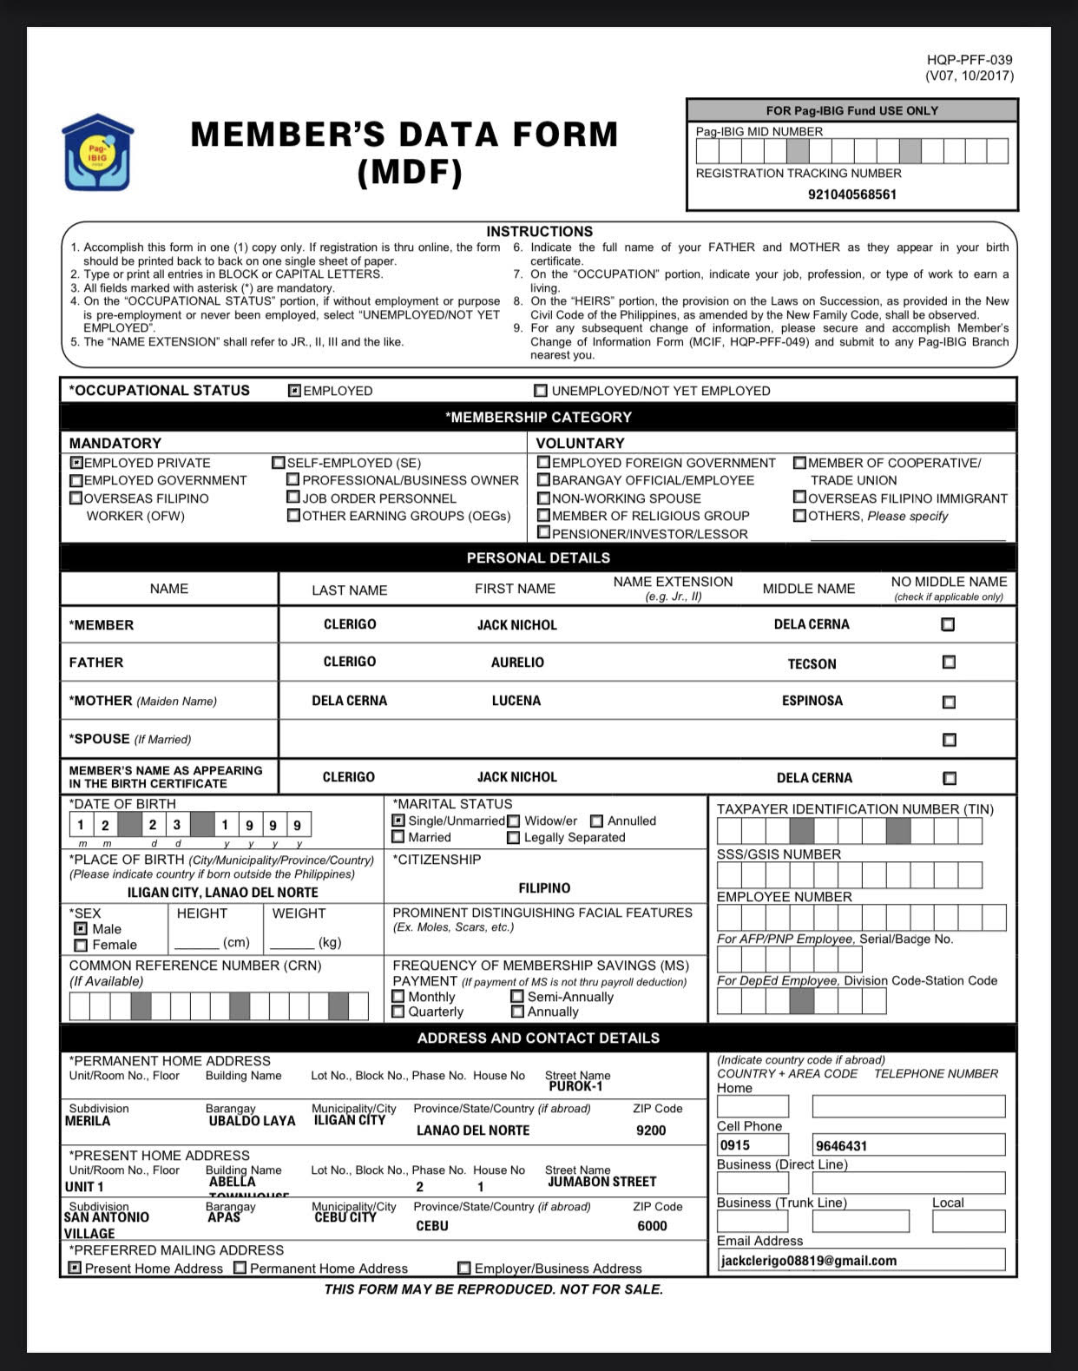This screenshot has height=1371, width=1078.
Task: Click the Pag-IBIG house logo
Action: coord(97,153)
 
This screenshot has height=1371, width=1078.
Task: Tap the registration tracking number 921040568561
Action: coord(851,194)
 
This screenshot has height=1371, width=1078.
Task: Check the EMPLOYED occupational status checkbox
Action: coord(295,391)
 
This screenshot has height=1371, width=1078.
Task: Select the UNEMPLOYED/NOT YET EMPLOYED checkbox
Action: coord(541,391)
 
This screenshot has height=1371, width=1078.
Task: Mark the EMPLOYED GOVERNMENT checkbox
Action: coord(76,481)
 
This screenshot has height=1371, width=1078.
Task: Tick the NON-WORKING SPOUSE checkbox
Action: coord(543,498)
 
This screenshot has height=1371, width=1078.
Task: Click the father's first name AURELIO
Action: coord(517,662)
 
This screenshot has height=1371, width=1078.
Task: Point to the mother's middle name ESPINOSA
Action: coord(812,701)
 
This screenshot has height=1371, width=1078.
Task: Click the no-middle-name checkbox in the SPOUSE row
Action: coord(949,740)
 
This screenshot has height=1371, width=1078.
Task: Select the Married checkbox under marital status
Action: coord(398,837)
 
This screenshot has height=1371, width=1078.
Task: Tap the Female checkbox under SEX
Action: coord(81,945)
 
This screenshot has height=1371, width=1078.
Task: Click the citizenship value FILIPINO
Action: coord(544,888)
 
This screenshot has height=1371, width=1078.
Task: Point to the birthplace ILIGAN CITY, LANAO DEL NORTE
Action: coord(222,893)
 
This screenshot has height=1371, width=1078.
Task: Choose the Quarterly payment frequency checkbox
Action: coord(398,1012)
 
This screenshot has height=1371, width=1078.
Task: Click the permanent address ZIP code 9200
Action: coord(651,1130)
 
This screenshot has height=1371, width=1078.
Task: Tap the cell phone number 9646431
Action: coord(841,1146)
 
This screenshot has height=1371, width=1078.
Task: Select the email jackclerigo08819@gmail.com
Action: coord(808,1261)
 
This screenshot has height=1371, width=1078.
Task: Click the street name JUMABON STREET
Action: coord(601,1182)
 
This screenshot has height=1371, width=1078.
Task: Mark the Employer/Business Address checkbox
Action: coord(464,1269)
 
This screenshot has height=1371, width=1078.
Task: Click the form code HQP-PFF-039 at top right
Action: coord(970,60)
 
